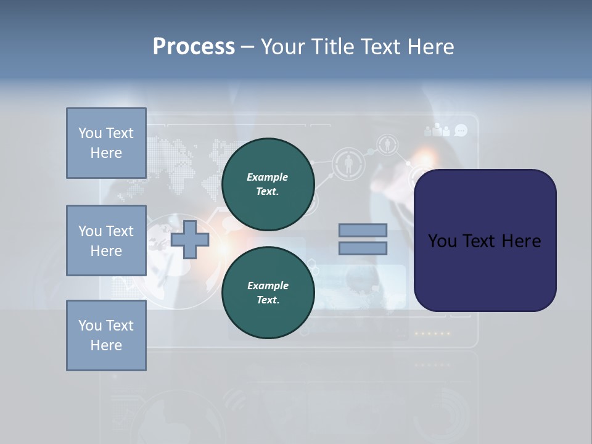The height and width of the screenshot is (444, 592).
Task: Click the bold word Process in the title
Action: click(x=194, y=46)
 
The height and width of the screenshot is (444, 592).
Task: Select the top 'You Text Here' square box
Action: click(x=106, y=143)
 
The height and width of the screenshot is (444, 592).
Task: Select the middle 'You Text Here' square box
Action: click(x=106, y=240)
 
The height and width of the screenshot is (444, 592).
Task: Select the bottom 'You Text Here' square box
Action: click(x=106, y=335)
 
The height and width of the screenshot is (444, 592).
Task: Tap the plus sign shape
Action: click(x=190, y=239)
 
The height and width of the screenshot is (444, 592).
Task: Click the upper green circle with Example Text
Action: click(x=268, y=184)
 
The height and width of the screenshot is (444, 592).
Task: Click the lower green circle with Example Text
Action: click(x=268, y=293)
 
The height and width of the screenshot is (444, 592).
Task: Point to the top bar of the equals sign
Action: click(x=363, y=231)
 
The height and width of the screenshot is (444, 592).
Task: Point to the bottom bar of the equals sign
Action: click(x=363, y=249)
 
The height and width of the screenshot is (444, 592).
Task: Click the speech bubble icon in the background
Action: click(x=461, y=130)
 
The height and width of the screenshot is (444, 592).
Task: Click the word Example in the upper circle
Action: click(x=268, y=177)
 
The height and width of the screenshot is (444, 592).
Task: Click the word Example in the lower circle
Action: click(x=268, y=286)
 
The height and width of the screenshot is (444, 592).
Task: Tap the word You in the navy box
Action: click(x=442, y=240)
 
